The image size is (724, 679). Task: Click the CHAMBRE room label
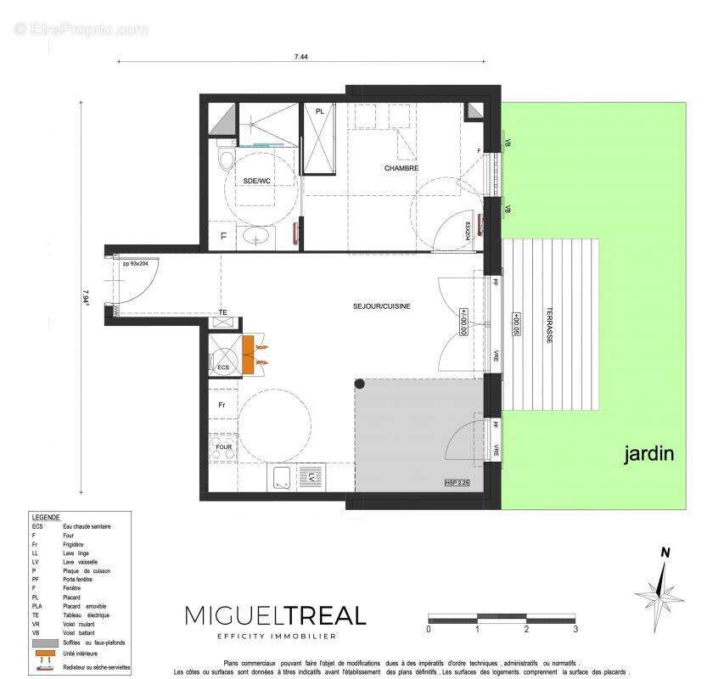coord(401,169)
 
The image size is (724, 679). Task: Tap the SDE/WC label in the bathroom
coord(256,181)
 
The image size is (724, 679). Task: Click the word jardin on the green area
coord(649,454)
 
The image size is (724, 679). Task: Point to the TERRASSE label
coord(549,323)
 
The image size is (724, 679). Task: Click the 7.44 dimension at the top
coord(300,56)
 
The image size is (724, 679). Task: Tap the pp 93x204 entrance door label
coord(135,265)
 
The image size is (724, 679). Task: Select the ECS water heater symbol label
coord(223,368)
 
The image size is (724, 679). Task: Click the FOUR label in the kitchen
coord(223,446)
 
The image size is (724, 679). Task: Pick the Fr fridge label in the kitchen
coord(222,406)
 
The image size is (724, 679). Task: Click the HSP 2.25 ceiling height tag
coord(456,483)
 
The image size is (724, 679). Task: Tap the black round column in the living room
coord(359,384)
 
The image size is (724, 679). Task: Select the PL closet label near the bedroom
coord(319,112)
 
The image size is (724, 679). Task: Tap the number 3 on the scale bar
coord(575,629)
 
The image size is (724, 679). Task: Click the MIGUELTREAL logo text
coord(276,615)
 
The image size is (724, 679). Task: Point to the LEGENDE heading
coord(46,517)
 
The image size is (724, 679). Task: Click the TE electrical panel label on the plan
coord(223,313)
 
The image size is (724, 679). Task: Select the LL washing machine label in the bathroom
coord(223,237)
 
